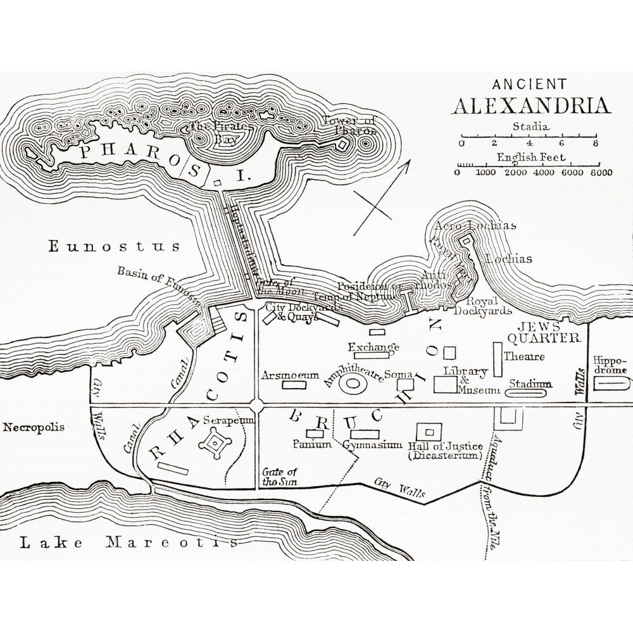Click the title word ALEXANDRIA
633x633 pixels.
click(x=530, y=104)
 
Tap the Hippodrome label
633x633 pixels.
click(x=610, y=365)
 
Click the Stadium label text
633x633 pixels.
click(x=530, y=384)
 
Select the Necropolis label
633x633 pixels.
click(x=34, y=427)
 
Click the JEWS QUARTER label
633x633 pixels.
click(x=548, y=332)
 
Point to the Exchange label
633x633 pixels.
click(x=373, y=347)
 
